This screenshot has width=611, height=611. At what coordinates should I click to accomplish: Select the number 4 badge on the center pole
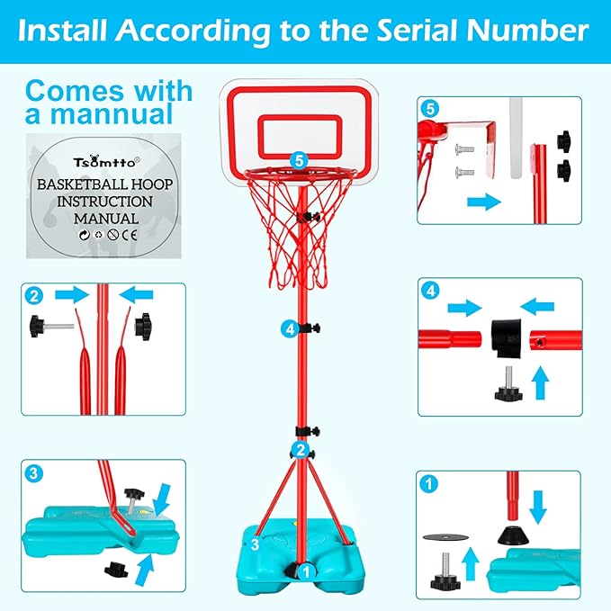click(x=289, y=329)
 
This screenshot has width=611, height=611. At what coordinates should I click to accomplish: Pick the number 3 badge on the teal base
click(x=256, y=544)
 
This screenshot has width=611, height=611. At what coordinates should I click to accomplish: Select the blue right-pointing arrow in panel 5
click(x=482, y=202)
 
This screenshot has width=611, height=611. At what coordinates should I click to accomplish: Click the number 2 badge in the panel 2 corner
click(x=33, y=295)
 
